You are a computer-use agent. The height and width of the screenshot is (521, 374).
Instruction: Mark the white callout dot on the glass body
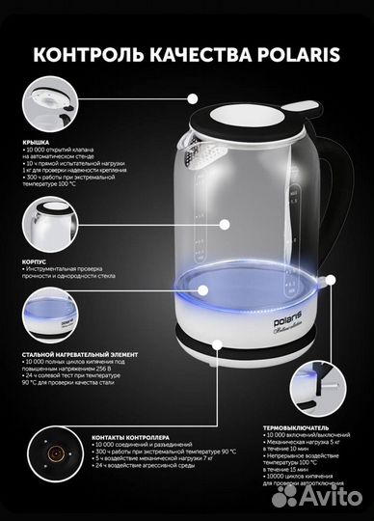(x=225, y=224)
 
